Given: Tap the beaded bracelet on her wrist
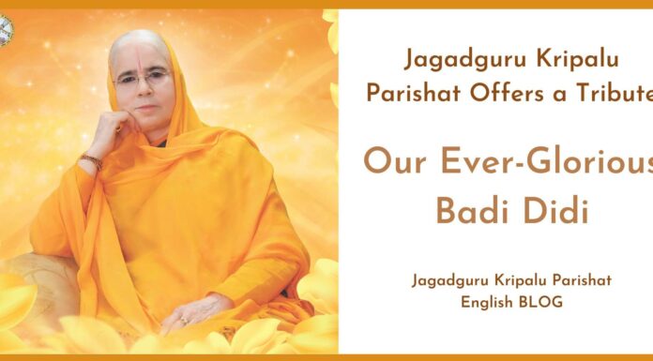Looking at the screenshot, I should coord(91,161).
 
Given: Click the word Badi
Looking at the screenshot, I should coord(471,211).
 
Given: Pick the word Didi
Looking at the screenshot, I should coord(557,211).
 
